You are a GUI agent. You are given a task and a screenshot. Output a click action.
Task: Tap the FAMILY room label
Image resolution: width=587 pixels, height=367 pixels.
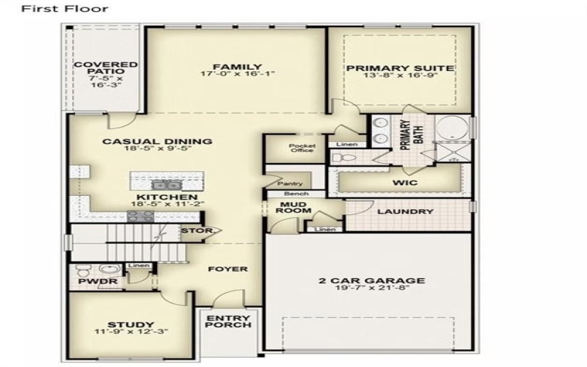coord(232,68)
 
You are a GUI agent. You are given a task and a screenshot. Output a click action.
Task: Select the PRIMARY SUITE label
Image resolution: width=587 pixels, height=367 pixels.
coord(400,68)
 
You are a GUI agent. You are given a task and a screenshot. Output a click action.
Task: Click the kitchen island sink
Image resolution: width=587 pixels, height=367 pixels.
coord(163,183)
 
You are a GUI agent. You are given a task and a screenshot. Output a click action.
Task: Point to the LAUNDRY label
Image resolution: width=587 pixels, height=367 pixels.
coord(405,212)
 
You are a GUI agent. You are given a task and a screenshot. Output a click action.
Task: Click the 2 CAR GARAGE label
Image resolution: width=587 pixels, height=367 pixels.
coord(371,280)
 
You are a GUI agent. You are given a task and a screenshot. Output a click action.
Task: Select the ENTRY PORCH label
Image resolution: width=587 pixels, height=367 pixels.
coord(229,321)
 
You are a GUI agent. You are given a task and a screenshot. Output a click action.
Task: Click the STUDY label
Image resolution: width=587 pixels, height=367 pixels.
coord(131,324)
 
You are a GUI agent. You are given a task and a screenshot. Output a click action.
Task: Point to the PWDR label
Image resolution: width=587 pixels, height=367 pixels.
coord(92,280)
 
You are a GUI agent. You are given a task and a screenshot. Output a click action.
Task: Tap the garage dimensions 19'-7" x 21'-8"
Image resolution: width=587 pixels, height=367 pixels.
coord(371,289)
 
